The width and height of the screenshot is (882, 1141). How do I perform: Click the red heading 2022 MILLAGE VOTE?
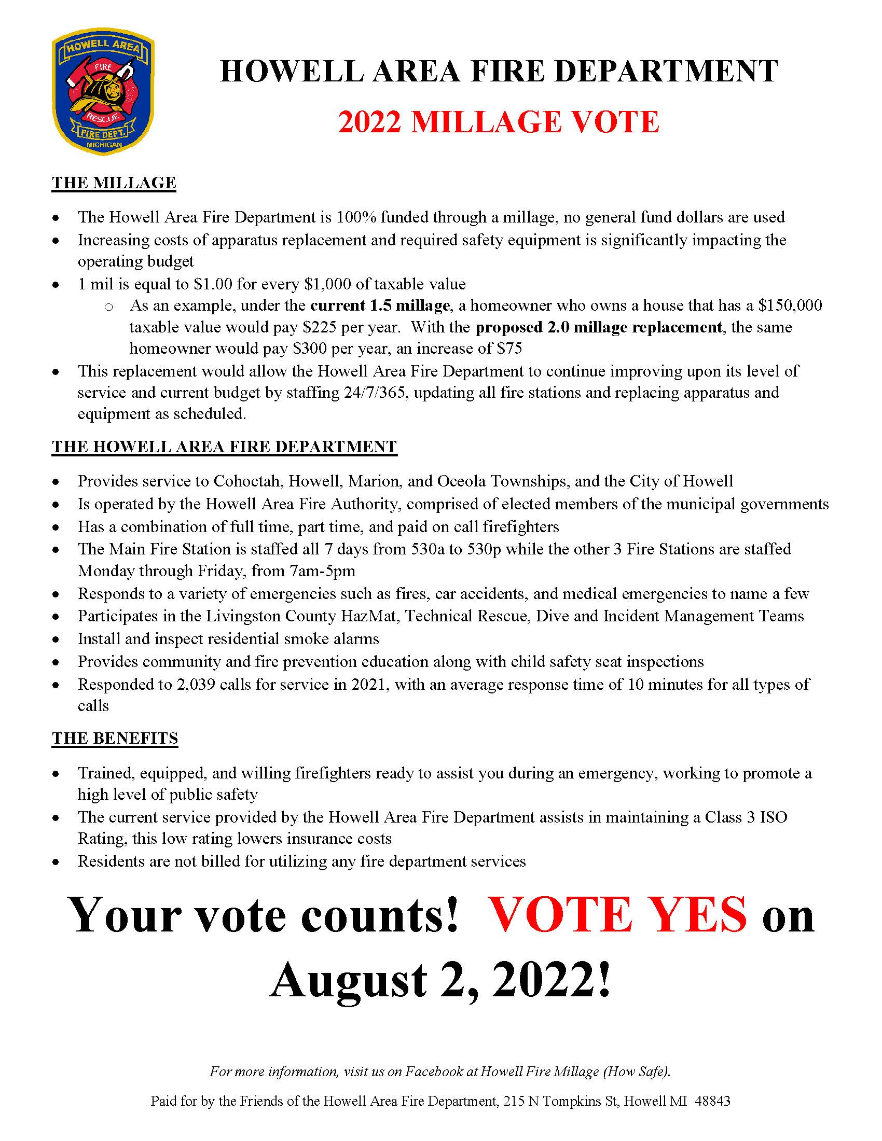coord(499,122)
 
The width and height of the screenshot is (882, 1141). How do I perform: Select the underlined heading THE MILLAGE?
coord(114,183)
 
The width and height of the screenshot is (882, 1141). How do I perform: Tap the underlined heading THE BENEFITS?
coord(115,738)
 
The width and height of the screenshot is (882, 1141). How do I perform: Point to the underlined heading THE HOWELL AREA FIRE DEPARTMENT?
coord(224,447)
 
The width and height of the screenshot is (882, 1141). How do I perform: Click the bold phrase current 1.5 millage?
coord(380,305)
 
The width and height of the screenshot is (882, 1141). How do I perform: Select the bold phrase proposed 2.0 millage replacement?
coord(599,328)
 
